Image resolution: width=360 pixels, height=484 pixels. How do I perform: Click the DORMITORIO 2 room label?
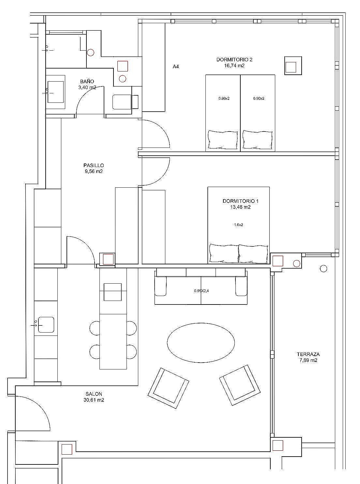click(x=234, y=60)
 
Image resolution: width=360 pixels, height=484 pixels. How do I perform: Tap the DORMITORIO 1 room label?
click(x=241, y=201)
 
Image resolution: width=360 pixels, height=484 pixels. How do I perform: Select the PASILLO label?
click(x=94, y=165)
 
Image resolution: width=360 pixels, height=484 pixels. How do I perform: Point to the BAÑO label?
click(x=87, y=81)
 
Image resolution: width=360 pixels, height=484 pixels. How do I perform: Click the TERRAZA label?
click(x=308, y=354)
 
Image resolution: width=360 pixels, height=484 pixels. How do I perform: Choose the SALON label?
click(x=94, y=394)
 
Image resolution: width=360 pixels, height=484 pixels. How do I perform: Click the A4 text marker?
click(x=176, y=67)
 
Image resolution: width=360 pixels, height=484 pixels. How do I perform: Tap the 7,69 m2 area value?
click(x=308, y=360)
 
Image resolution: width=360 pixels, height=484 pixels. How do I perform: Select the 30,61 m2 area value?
click(x=94, y=400)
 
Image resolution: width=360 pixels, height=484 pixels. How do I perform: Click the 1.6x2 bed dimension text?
click(x=239, y=225)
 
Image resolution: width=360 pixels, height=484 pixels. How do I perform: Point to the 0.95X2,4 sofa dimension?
click(x=201, y=291)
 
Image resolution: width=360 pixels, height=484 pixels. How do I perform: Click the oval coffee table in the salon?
click(x=201, y=343)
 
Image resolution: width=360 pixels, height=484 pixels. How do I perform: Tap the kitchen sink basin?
click(x=46, y=325)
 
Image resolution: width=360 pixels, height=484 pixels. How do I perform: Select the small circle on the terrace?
click(x=323, y=268)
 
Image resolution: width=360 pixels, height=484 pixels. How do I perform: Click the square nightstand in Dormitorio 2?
click(x=293, y=66)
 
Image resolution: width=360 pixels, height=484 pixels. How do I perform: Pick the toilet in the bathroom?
click(x=125, y=102)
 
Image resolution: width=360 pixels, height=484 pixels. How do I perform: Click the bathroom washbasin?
click(x=56, y=92)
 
